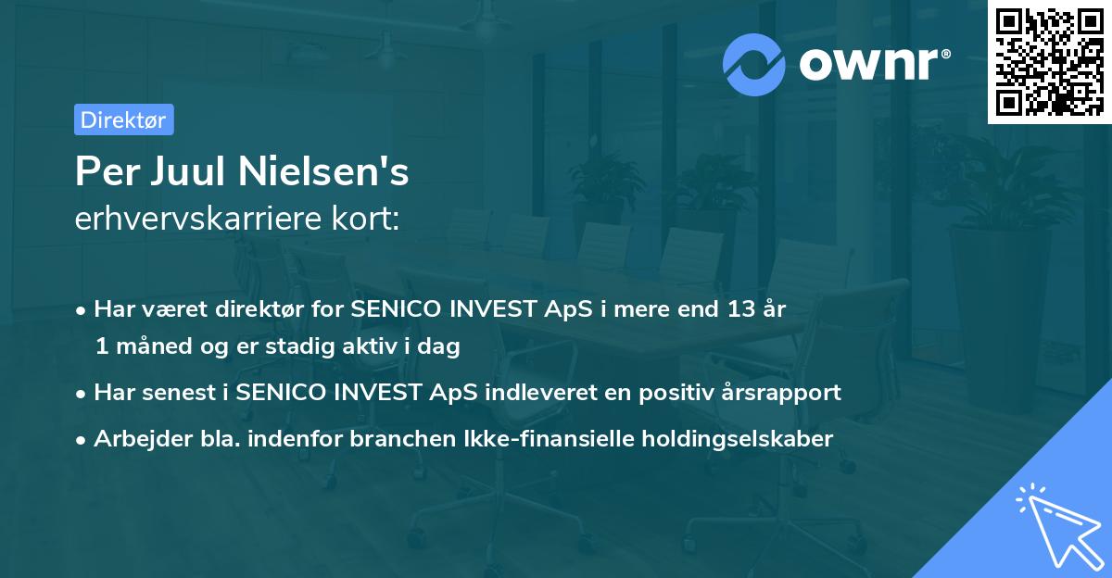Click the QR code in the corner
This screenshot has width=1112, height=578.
click(1048, 62)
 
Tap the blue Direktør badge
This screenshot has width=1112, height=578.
click(123, 119)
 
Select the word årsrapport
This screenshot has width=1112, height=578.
click(790, 393)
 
